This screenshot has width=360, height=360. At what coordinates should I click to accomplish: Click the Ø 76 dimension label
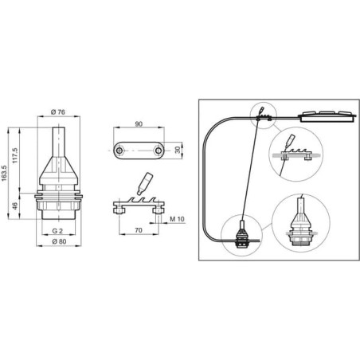click(58, 112)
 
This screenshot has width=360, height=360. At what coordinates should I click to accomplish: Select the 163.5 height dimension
click(4, 174)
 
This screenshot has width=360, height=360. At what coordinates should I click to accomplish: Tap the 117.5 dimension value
click(15, 156)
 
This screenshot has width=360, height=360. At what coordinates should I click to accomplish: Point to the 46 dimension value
click(15, 205)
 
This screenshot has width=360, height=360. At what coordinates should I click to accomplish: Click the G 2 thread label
click(57, 231)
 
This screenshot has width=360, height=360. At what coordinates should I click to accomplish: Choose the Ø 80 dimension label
click(59, 241)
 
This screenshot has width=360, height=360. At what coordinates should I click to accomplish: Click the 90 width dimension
click(139, 124)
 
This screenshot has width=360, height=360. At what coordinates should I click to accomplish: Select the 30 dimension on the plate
click(178, 150)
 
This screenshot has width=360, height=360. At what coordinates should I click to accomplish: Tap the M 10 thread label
click(177, 219)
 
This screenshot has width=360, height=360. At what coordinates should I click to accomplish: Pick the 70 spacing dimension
click(139, 230)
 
